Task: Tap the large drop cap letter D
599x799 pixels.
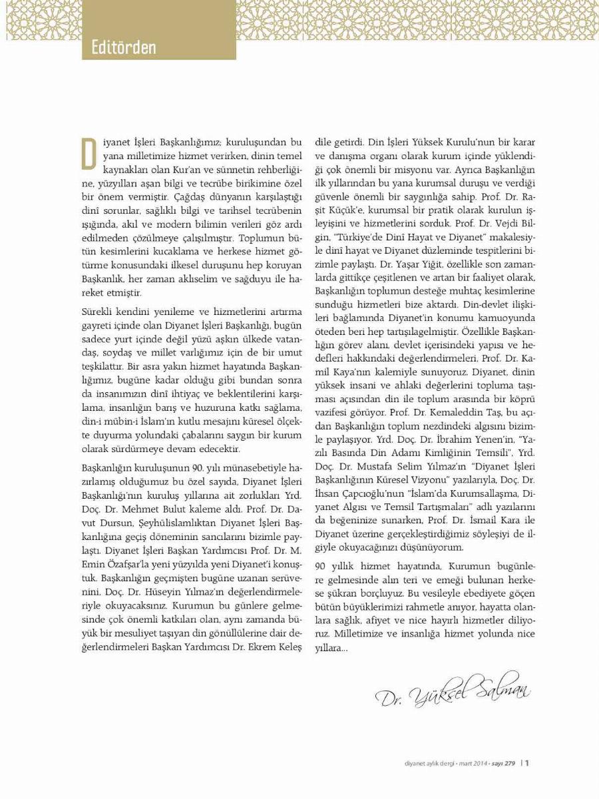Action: [x=89, y=154]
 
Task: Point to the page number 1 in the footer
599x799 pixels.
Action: [x=527, y=763]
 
